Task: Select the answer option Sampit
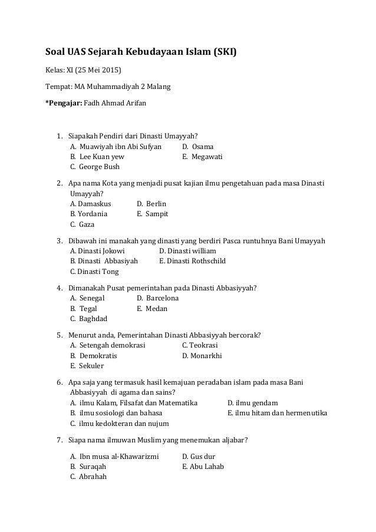tap(157, 214)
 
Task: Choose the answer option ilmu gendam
tap(248, 402)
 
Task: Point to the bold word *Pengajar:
tap(64, 103)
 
